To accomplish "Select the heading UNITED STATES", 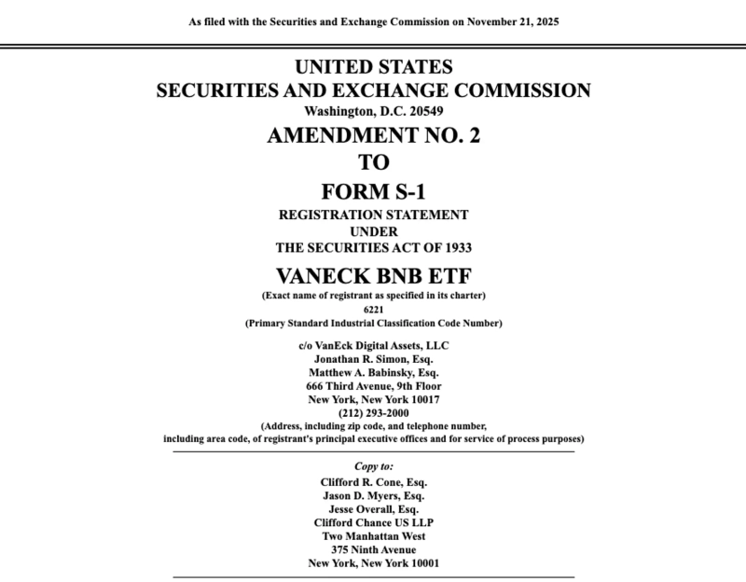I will [373, 67].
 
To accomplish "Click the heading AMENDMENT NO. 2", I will [373, 135].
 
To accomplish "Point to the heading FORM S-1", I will [373, 191].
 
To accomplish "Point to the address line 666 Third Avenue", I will [373, 385].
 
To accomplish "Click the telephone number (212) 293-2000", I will [373, 411].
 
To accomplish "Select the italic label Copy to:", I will [373, 465].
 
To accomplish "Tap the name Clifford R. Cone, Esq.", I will [373, 482].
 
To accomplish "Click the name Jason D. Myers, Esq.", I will [373, 496].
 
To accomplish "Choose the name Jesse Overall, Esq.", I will [373, 509].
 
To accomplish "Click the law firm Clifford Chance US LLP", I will [373, 523].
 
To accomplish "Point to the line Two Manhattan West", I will [373, 536].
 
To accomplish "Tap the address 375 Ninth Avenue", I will [373, 549].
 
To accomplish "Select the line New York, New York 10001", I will [373, 563].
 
